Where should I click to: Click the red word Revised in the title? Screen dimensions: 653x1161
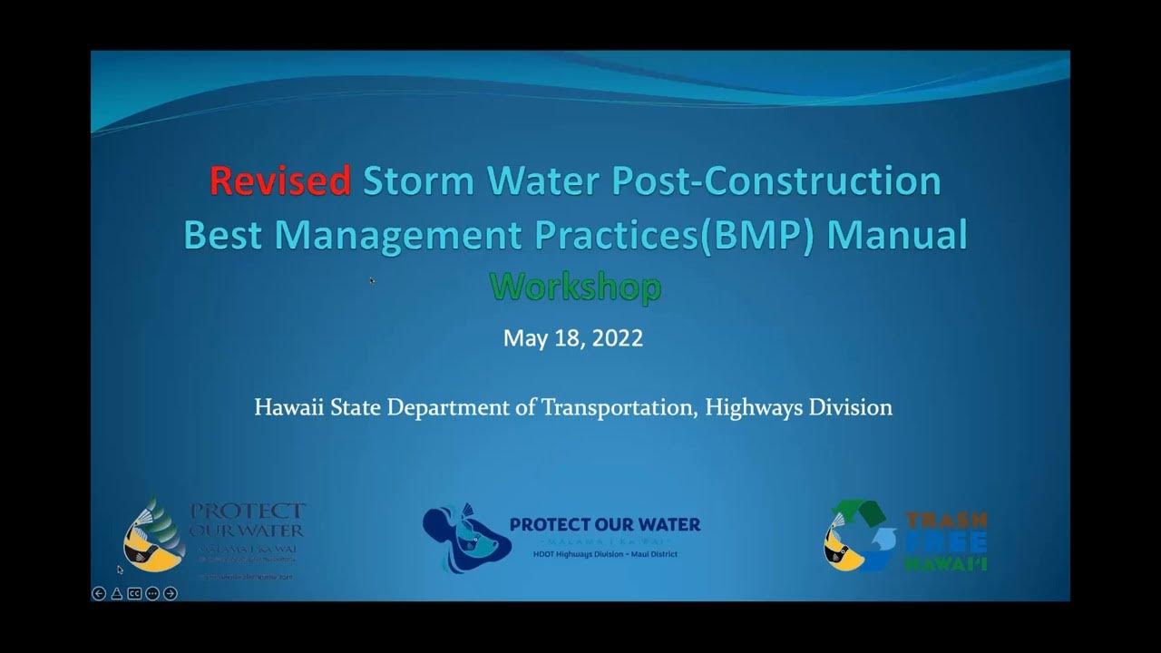[279, 181]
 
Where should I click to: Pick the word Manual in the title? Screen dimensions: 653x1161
[897, 234]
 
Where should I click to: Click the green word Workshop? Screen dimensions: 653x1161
[575, 288]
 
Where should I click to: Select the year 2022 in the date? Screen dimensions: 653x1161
[619, 338]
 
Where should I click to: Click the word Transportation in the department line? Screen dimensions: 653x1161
[618, 407]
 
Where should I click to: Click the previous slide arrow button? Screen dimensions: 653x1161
[99, 593]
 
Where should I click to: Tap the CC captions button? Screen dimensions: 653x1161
[134, 593]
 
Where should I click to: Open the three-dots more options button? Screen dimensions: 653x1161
[151, 593]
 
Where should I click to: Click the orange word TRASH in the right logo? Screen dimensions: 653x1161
[945, 521]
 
